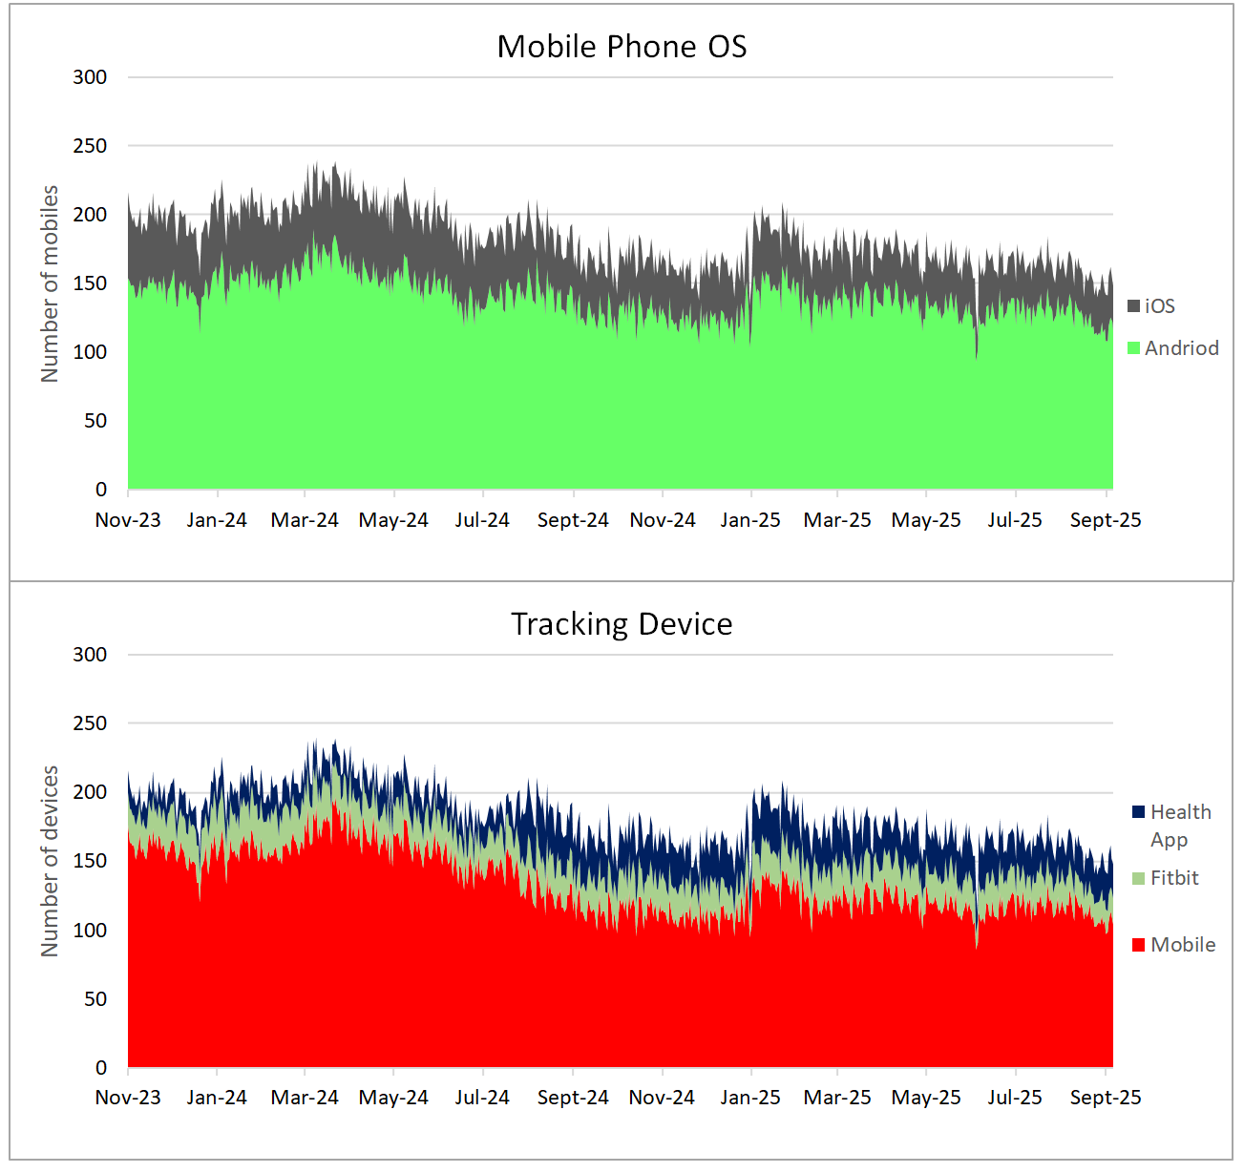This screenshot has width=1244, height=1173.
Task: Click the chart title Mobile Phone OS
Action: point(622,47)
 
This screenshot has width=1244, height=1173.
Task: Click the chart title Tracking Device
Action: point(622,624)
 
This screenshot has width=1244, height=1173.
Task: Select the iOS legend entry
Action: point(1159,306)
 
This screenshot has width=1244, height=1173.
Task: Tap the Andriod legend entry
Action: point(1181,348)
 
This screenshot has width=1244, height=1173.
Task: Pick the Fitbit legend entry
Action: point(1173,878)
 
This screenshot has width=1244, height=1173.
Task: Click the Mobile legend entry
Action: point(1182,945)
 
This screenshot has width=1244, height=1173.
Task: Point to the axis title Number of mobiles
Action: point(50,283)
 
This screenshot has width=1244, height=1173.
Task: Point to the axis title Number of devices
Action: point(50,861)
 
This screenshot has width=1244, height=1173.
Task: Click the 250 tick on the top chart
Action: point(90,146)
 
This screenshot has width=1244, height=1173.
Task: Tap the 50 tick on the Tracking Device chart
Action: point(95,999)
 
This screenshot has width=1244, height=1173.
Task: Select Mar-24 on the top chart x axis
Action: point(305,520)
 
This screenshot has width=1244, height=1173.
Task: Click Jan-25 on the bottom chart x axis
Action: point(750,1098)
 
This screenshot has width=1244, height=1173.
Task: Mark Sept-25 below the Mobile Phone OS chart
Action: point(1106,520)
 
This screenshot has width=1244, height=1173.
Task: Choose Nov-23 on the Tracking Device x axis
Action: point(128,1098)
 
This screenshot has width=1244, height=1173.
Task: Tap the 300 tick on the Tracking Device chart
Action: point(90,655)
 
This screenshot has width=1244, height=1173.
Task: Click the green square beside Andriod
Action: point(1134,348)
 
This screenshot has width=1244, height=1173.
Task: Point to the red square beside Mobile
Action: point(1138,945)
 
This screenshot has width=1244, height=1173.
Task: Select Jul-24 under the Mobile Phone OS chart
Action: point(482,520)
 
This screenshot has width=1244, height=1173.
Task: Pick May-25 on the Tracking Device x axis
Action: point(926,1098)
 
